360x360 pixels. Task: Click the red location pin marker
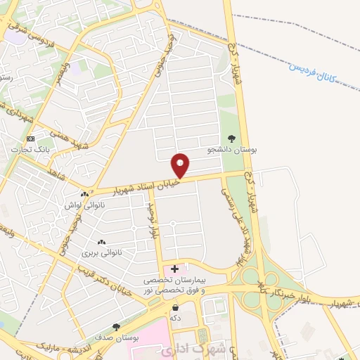pos(181,165)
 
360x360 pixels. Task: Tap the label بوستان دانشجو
pos(233,150)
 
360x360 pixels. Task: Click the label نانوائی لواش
pos(85,205)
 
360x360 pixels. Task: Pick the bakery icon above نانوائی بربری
pos(103,241)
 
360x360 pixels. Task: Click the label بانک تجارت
pos(30,149)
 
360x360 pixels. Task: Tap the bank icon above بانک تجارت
pos(30,139)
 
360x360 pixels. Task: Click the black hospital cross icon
pos(174,269)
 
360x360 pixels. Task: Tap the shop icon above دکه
pos(174,307)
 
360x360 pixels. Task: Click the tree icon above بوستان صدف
pos(116,327)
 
